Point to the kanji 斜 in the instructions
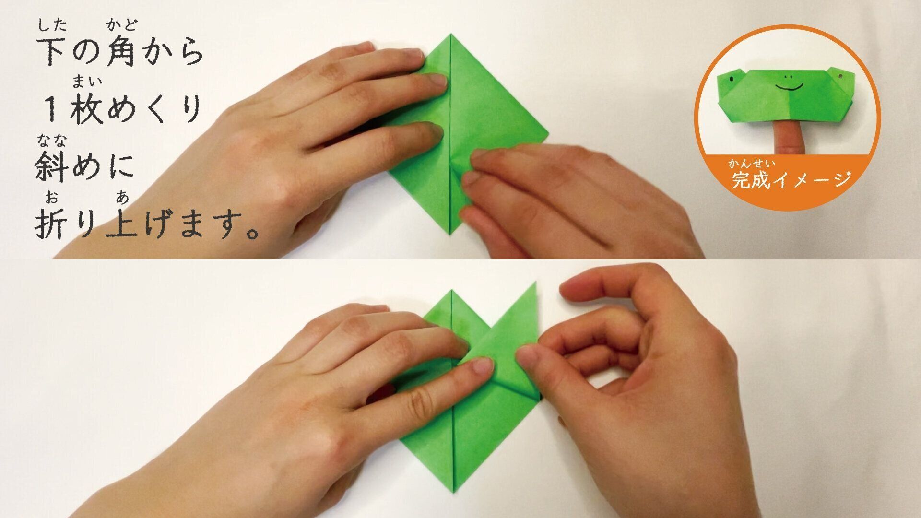point(52,166)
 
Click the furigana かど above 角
point(122,24)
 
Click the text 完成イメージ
point(791,180)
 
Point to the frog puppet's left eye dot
point(732,79)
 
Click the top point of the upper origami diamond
point(451,34)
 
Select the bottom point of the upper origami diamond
point(451,235)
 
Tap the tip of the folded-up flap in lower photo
point(535,283)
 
